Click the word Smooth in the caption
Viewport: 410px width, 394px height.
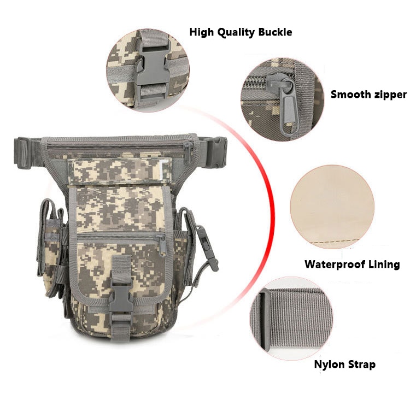pos(349,94)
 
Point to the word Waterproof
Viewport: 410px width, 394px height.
pos(334,264)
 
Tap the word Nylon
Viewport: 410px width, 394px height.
pos(330,364)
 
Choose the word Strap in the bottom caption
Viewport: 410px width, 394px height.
pos(362,364)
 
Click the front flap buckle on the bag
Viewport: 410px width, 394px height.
pos(120,297)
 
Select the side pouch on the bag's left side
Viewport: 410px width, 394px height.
pos(52,246)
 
